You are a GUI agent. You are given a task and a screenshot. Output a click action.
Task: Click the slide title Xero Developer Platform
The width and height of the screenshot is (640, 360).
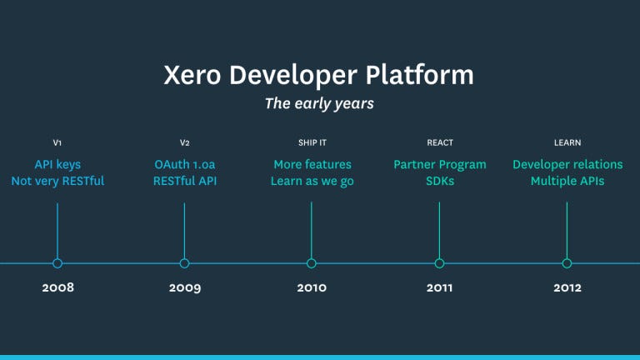pyautogui.click(x=319, y=75)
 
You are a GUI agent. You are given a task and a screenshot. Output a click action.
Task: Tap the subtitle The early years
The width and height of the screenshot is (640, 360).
pyautogui.click(x=319, y=104)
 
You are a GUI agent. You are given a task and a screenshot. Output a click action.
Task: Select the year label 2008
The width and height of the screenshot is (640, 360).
pyautogui.click(x=57, y=287)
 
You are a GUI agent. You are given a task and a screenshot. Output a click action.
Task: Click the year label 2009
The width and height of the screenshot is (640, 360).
pyautogui.click(x=184, y=287)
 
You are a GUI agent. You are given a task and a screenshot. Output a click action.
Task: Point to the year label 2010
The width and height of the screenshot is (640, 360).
pyautogui.click(x=312, y=287)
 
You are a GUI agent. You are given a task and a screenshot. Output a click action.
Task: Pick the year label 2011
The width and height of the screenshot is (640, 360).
pyautogui.click(x=439, y=287)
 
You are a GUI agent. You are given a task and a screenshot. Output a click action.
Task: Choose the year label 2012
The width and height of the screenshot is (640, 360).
pyautogui.click(x=567, y=287)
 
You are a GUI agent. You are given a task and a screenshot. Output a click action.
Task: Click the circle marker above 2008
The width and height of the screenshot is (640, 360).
pyautogui.click(x=57, y=263)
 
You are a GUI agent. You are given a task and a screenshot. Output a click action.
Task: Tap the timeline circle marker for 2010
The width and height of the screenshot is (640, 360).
pyautogui.click(x=312, y=263)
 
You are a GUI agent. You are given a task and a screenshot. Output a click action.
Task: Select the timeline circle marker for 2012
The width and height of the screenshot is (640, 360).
pyautogui.click(x=567, y=263)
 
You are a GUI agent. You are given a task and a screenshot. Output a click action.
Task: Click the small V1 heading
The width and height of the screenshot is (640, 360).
pyautogui.click(x=57, y=142)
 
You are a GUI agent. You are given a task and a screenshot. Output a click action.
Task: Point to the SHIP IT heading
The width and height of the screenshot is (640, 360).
pyautogui.click(x=312, y=142)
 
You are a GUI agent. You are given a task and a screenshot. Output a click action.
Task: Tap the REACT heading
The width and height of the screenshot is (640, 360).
pyautogui.click(x=439, y=142)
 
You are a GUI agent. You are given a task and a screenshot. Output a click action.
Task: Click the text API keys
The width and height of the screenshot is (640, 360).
pyautogui.click(x=57, y=164)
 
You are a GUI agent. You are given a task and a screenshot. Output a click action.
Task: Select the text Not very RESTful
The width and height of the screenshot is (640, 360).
pyautogui.click(x=57, y=182)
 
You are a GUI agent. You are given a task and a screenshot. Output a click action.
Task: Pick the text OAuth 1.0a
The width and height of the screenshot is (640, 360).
pyautogui.click(x=184, y=164)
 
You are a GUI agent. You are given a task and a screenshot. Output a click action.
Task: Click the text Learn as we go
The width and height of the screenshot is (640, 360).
pyautogui.click(x=312, y=182)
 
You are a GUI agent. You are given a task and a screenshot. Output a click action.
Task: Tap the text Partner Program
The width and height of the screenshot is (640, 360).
pyautogui.click(x=439, y=164)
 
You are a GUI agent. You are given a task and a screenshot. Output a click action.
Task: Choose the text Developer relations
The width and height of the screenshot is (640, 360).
pyautogui.click(x=567, y=164)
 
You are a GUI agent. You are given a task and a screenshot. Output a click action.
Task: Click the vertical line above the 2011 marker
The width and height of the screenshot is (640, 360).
pyautogui.click(x=439, y=229)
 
